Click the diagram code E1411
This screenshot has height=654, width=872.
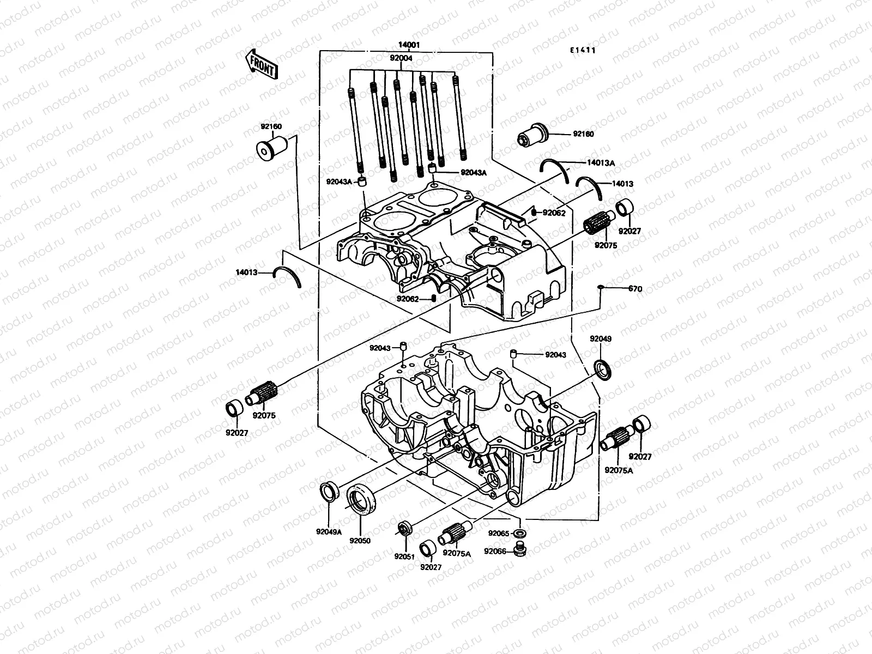(582, 50)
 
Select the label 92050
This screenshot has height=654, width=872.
(360, 541)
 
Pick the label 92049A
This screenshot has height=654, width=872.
(328, 532)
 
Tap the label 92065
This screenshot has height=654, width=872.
(498, 534)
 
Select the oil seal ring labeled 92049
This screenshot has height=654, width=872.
(603, 369)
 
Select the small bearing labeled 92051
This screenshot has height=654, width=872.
(405, 528)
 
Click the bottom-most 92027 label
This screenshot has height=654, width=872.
(431, 567)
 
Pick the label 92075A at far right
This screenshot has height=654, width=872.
(618, 470)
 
